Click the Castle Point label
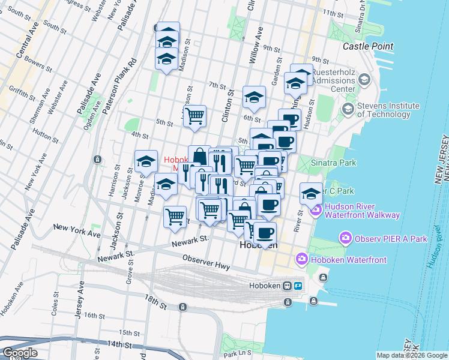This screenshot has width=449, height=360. pos(368,46)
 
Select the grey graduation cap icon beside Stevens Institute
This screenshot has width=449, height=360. pos(347,110)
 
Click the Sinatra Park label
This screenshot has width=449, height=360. pos(334,163)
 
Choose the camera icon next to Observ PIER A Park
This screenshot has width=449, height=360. pos(345,238)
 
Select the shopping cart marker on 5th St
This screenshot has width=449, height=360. pos(194,116)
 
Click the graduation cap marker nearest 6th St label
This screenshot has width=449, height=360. pos(255,97)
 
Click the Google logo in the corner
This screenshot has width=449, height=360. pos(19,353)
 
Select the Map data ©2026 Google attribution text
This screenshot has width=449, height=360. pos(412,355)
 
